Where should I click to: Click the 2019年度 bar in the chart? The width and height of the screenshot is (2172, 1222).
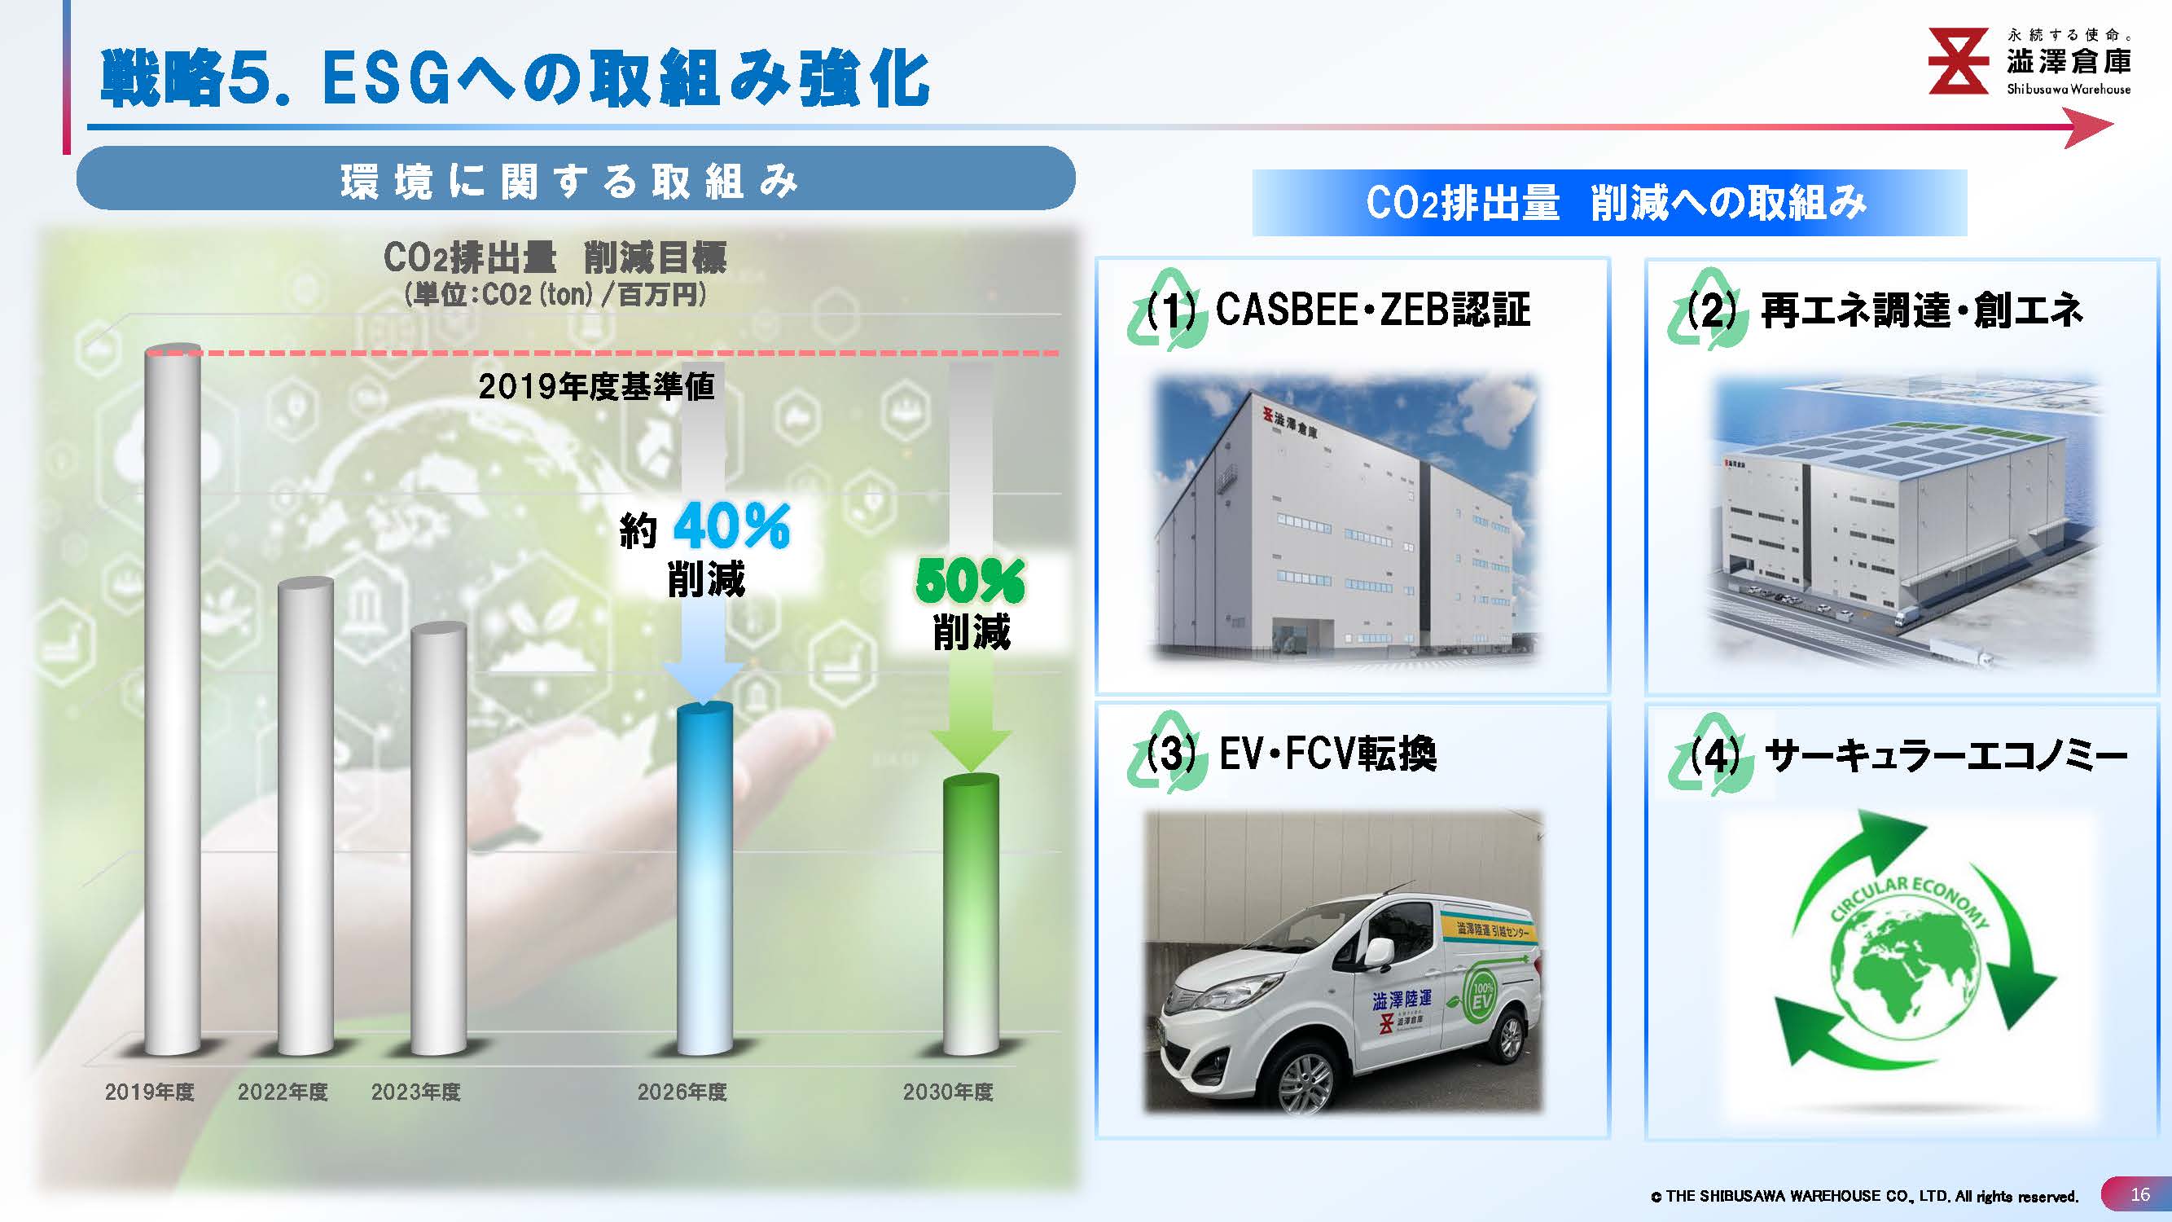(x=173, y=700)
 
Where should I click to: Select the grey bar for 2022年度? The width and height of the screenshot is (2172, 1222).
(x=305, y=816)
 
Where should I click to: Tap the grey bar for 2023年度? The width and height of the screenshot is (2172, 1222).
(x=438, y=839)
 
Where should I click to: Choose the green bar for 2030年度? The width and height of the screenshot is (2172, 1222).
(x=971, y=914)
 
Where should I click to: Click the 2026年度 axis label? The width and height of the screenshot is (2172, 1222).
(x=682, y=1092)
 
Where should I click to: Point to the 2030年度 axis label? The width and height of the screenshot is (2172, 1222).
(x=948, y=1092)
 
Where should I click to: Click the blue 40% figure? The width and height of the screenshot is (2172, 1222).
(x=731, y=526)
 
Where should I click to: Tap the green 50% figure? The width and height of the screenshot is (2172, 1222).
(x=970, y=581)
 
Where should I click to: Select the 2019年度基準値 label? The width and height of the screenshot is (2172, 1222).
(x=596, y=386)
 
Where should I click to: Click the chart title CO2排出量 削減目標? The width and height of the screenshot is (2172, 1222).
(x=554, y=257)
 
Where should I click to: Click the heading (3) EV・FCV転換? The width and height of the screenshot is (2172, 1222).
(x=1291, y=753)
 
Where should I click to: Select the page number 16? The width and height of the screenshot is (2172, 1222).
(x=2140, y=1194)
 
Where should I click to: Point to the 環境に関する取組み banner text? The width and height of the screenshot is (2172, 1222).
(x=569, y=182)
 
